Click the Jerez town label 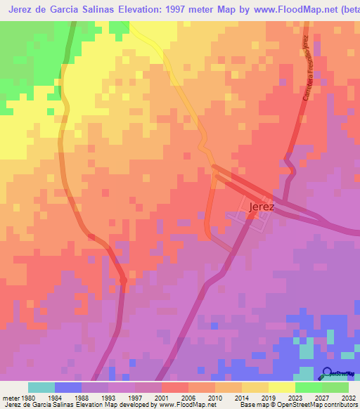tap(261, 207)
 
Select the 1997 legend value tap(135, 397)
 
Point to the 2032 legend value tap(348, 397)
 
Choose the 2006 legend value tap(188, 397)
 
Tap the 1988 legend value tap(82, 397)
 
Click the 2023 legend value tap(295, 397)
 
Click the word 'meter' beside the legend tap(10, 397)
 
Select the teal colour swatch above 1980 tap(41, 387)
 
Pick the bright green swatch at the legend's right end tap(335, 387)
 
